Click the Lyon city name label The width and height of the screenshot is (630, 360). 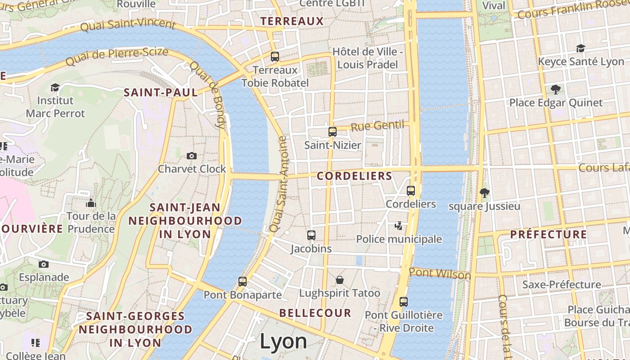tap(283, 342)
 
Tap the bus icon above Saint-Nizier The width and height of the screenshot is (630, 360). tap(333, 132)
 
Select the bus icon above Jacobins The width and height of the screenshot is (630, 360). tap(311, 235)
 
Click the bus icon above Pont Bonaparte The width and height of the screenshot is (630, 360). tap(243, 282)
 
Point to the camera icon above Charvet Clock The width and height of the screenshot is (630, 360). tap(192, 156)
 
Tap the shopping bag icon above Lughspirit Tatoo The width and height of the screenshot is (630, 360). tap(340, 280)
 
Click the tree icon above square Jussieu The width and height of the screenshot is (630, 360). tap(485, 193)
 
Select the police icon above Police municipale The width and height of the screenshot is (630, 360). tap(399, 225)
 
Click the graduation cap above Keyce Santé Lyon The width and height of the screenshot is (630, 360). tap(580, 48)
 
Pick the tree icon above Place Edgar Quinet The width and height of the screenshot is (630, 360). tap(556, 90)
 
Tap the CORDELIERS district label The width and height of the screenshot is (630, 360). tap(355, 176)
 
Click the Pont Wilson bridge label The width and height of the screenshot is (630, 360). tap(440, 274)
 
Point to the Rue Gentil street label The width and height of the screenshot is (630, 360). tap(377, 126)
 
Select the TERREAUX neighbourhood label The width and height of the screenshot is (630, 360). tap(292, 21)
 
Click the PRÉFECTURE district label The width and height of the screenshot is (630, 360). tap(548, 234)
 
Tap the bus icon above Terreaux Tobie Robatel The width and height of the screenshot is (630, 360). tap(275, 57)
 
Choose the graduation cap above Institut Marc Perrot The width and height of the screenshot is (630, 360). tap(55, 87)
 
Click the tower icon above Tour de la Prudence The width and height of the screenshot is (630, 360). tap(91, 203)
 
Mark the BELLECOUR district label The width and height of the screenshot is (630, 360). tap(315, 313)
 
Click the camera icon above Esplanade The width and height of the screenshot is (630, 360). tap(44, 264)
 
